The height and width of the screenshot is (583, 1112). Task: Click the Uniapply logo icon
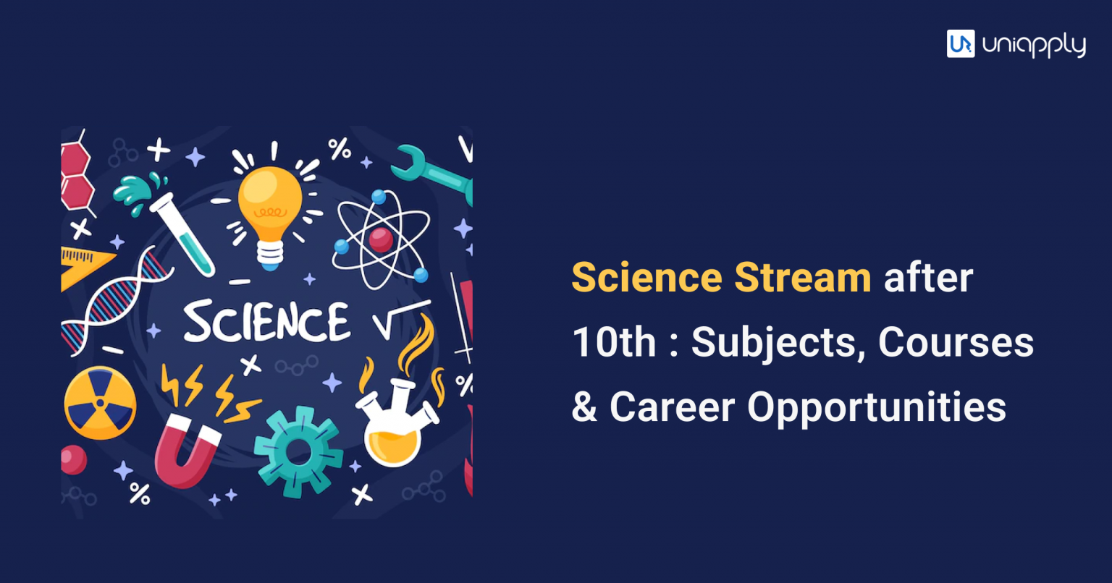[x=960, y=43]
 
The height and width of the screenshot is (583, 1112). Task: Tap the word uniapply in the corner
[x=1034, y=46]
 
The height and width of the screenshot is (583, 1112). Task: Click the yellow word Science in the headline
[x=646, y=278]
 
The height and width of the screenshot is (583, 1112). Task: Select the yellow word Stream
[x=803, y=278]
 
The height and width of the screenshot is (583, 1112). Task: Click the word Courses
[x=956, y=342]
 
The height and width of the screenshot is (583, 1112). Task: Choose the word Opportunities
[x=877, y=408]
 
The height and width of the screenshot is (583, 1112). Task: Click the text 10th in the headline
[x=614, y=342]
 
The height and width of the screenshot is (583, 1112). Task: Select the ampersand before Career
[x=584, y=407]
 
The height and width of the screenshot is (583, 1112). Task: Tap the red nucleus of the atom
[x=380, y=239]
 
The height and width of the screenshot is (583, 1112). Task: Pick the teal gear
[x=298, y=451]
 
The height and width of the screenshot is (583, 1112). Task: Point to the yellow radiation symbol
[x=100, y=403]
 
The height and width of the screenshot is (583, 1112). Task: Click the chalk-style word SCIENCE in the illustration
[x=266, y=323]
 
